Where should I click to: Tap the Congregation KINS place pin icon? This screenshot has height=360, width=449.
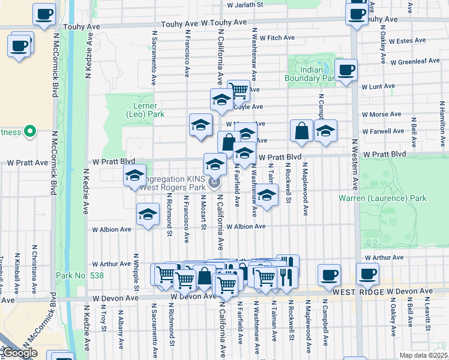point(215,181)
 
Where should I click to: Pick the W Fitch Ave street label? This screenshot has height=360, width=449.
point(273,38)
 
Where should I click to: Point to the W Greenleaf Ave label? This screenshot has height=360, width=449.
point(415,61)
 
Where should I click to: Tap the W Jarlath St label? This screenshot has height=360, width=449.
point(245,5)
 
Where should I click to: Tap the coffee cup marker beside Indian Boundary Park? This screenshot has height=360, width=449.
point(346,70)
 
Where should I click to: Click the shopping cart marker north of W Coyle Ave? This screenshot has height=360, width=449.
point(239,91)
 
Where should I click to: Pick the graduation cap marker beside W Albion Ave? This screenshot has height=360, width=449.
point(148,214)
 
